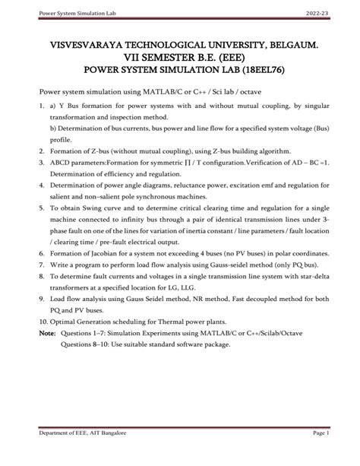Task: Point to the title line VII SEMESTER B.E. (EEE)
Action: click(179, 61)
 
